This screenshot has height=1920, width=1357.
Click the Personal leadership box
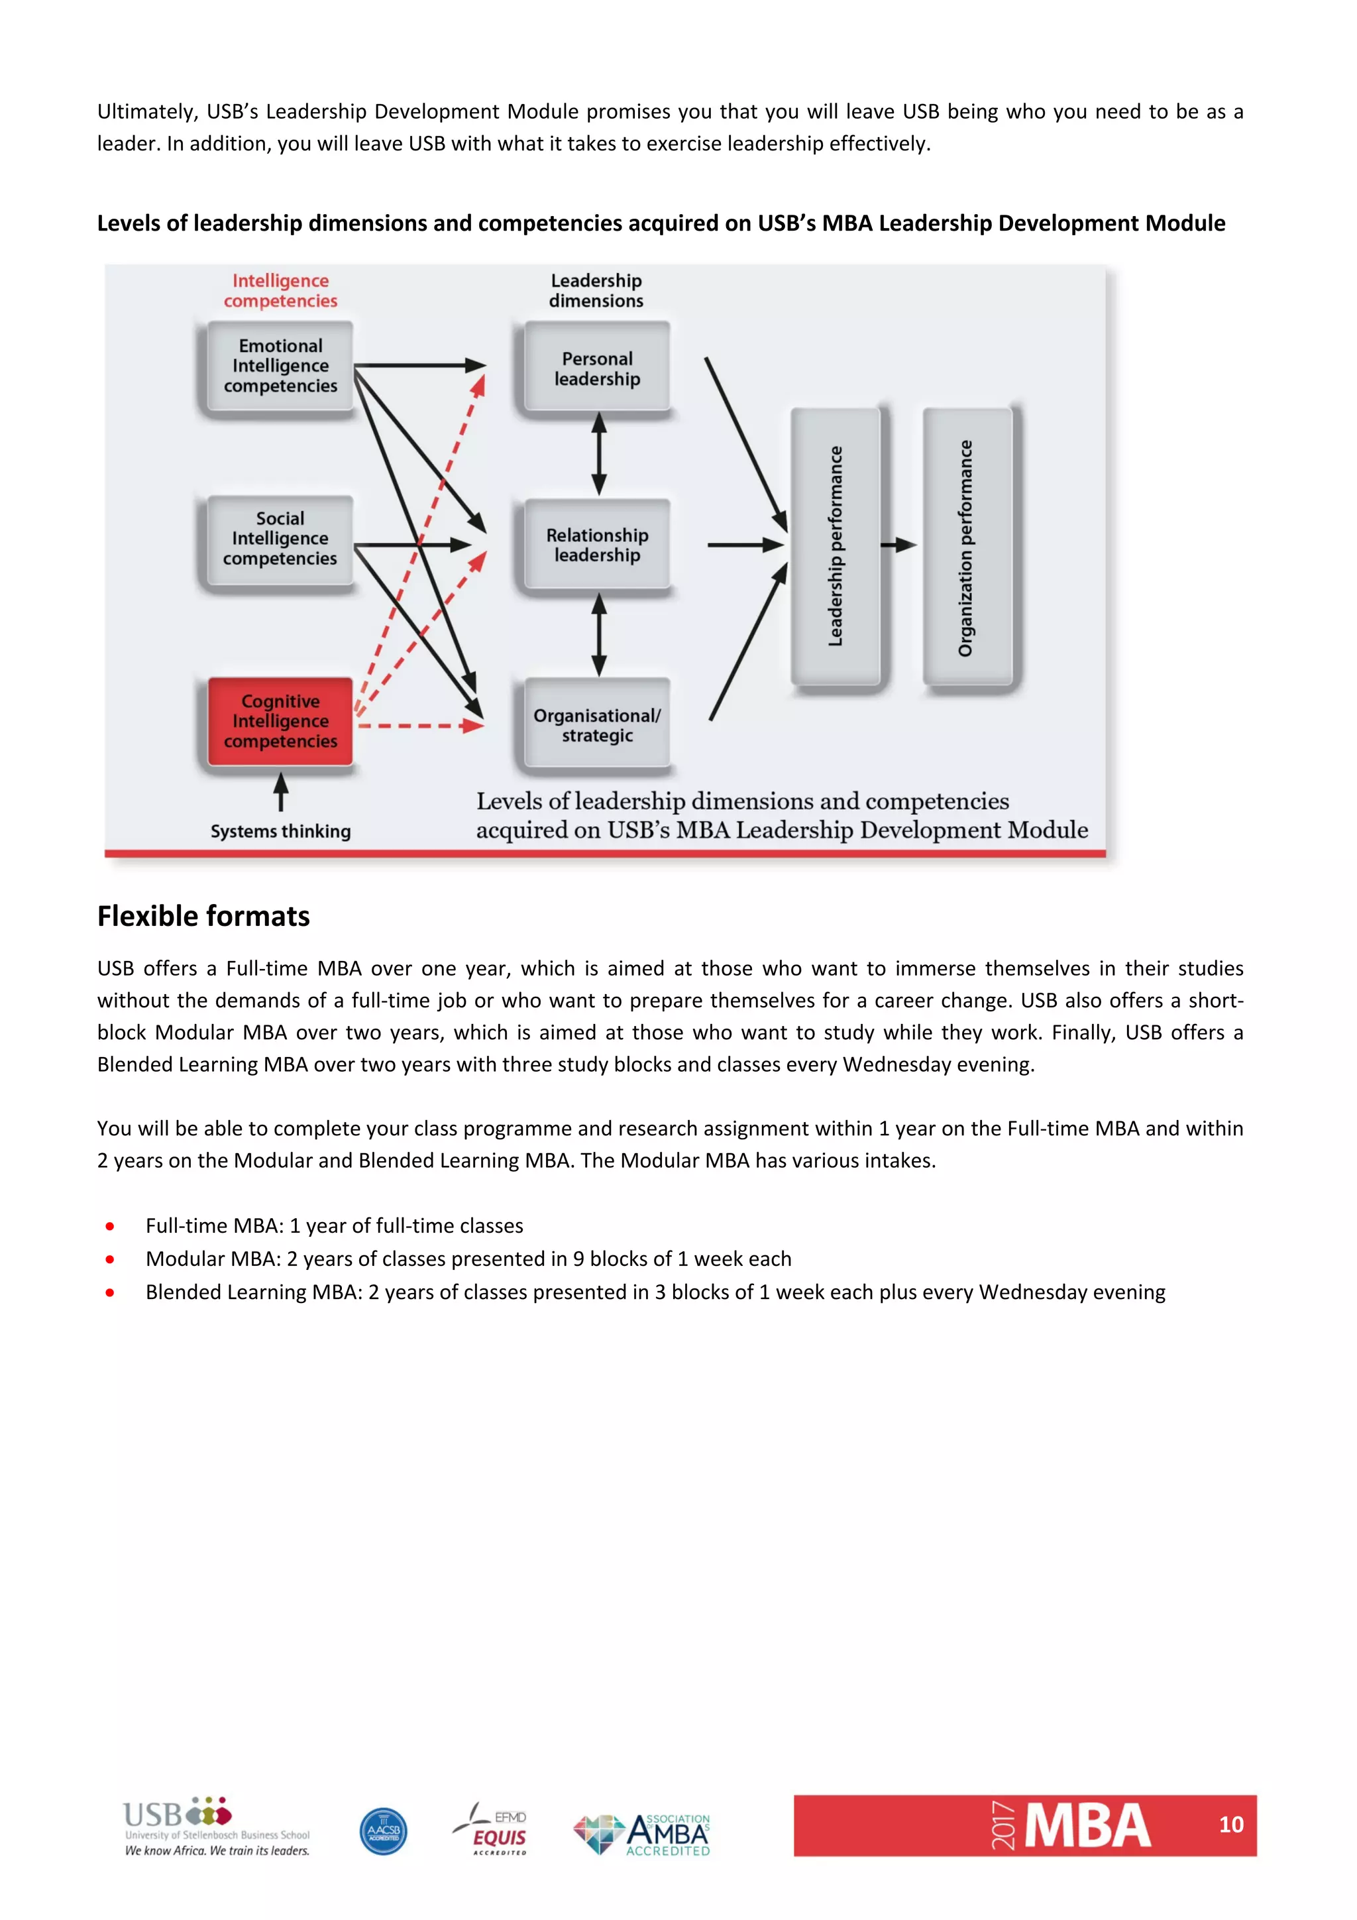597,368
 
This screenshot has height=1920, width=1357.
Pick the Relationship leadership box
597,545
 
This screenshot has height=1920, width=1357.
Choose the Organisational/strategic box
597,725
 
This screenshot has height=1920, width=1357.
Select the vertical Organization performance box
967,547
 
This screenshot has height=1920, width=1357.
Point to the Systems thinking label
280,831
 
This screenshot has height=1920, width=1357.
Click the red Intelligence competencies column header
280,290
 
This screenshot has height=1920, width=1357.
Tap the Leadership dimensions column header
596,290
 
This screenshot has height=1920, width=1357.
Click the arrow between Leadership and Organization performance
900,545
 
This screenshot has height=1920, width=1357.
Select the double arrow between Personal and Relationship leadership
598,454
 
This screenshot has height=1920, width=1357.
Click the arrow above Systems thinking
281,791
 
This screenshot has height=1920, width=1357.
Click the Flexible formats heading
203,917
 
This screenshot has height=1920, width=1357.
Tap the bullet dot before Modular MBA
109,1259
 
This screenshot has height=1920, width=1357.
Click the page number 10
1230,1825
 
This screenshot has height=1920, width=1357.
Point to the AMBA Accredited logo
642,1835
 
